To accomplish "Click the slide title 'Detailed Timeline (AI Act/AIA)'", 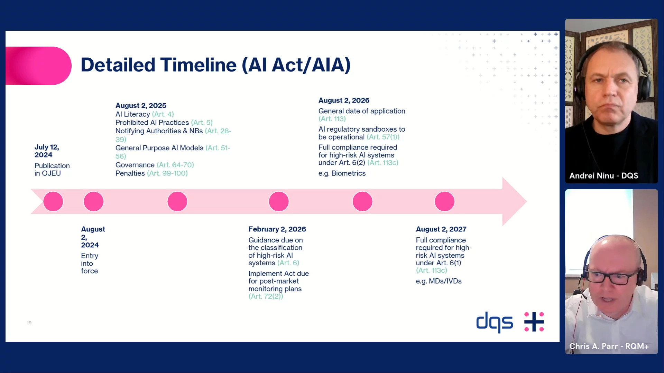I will pos(215,65).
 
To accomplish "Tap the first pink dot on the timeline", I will pos(53,201).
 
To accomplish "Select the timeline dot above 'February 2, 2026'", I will pos(279,201).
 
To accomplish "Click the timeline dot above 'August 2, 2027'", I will pos(444,201).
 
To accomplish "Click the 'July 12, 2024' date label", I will pos(47,151).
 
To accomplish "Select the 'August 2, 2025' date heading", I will pos(141,105).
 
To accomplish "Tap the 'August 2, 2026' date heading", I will pos(344,100).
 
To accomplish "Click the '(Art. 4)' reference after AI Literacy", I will pos(163,114).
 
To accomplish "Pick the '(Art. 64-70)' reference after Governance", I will pos(175,165).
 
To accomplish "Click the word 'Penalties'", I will pos(130,173).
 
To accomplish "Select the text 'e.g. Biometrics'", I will pos(342,173).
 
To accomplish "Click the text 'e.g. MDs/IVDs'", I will pos(439,281).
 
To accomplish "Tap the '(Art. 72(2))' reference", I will pos(266,296).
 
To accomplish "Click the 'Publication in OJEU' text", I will pos(52,169).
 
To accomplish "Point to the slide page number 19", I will pos(29,323).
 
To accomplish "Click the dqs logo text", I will pos(495,322).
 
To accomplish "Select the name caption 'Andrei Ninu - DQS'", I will pos(603,175).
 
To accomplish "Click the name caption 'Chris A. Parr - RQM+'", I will pos(609,346).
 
